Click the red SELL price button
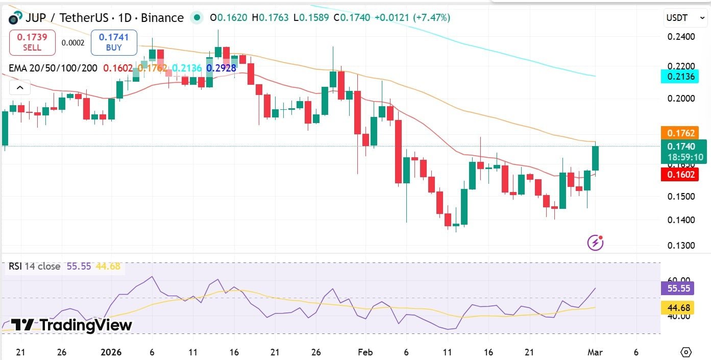[x=32, y=42]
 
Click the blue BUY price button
[x=114, y=42]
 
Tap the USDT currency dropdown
[x=681, y=18]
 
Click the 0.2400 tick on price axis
[x=681, y=37]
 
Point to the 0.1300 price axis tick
[x=681, y=246]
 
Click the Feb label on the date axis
[x=365, y=352]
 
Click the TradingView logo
[x=71, y=325]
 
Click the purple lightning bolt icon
[x=595, y=243]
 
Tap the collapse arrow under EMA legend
[x=20, y=88]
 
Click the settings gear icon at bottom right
[x=686, y=352]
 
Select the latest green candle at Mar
[x=595, y=158]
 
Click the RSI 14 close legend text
[x=34, y=267]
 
